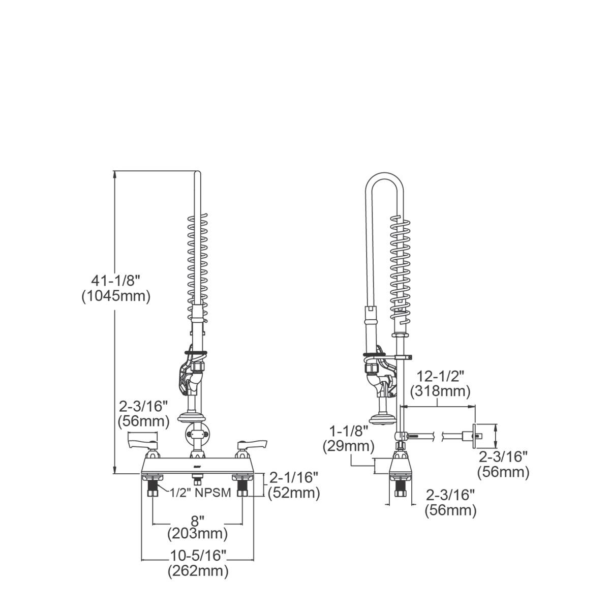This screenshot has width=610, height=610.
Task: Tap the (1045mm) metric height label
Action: pyautogui.click(x=116, y=296)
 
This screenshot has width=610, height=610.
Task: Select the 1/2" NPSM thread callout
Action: pyautogui.click(x=200, y=492)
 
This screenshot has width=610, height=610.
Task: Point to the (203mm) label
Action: pyautogui.click(x=197, y=534)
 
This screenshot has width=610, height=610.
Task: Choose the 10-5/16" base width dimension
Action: pyautogui.click(x=197, y=555)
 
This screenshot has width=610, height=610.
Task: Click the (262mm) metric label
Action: pyautogui.click(x=197, y=571)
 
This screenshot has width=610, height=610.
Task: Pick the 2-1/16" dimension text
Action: pyautogui.click(x=294, y=477)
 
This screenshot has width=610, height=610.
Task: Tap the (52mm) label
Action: pyautogui.click(x=294, y=493)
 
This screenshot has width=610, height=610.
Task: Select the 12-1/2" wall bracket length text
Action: pyautogui.click(x=439, y=377)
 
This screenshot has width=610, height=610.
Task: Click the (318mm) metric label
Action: pyautogui.click(x=439, y=391)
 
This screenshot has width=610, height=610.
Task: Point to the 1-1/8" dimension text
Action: pyautogui.click(x=348, y=432)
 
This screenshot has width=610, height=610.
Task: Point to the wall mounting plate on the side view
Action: pyautogui.click(x=477, y=435)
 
